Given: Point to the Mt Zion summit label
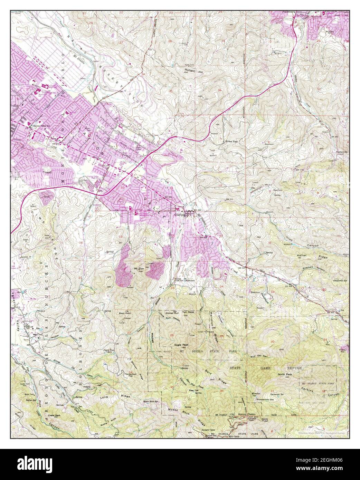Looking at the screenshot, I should pos(134,268).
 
